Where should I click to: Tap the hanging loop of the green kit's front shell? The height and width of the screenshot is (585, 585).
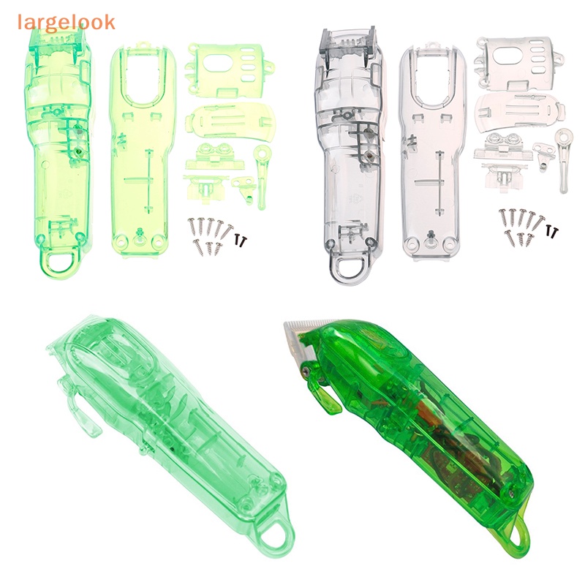tap(58, 264)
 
